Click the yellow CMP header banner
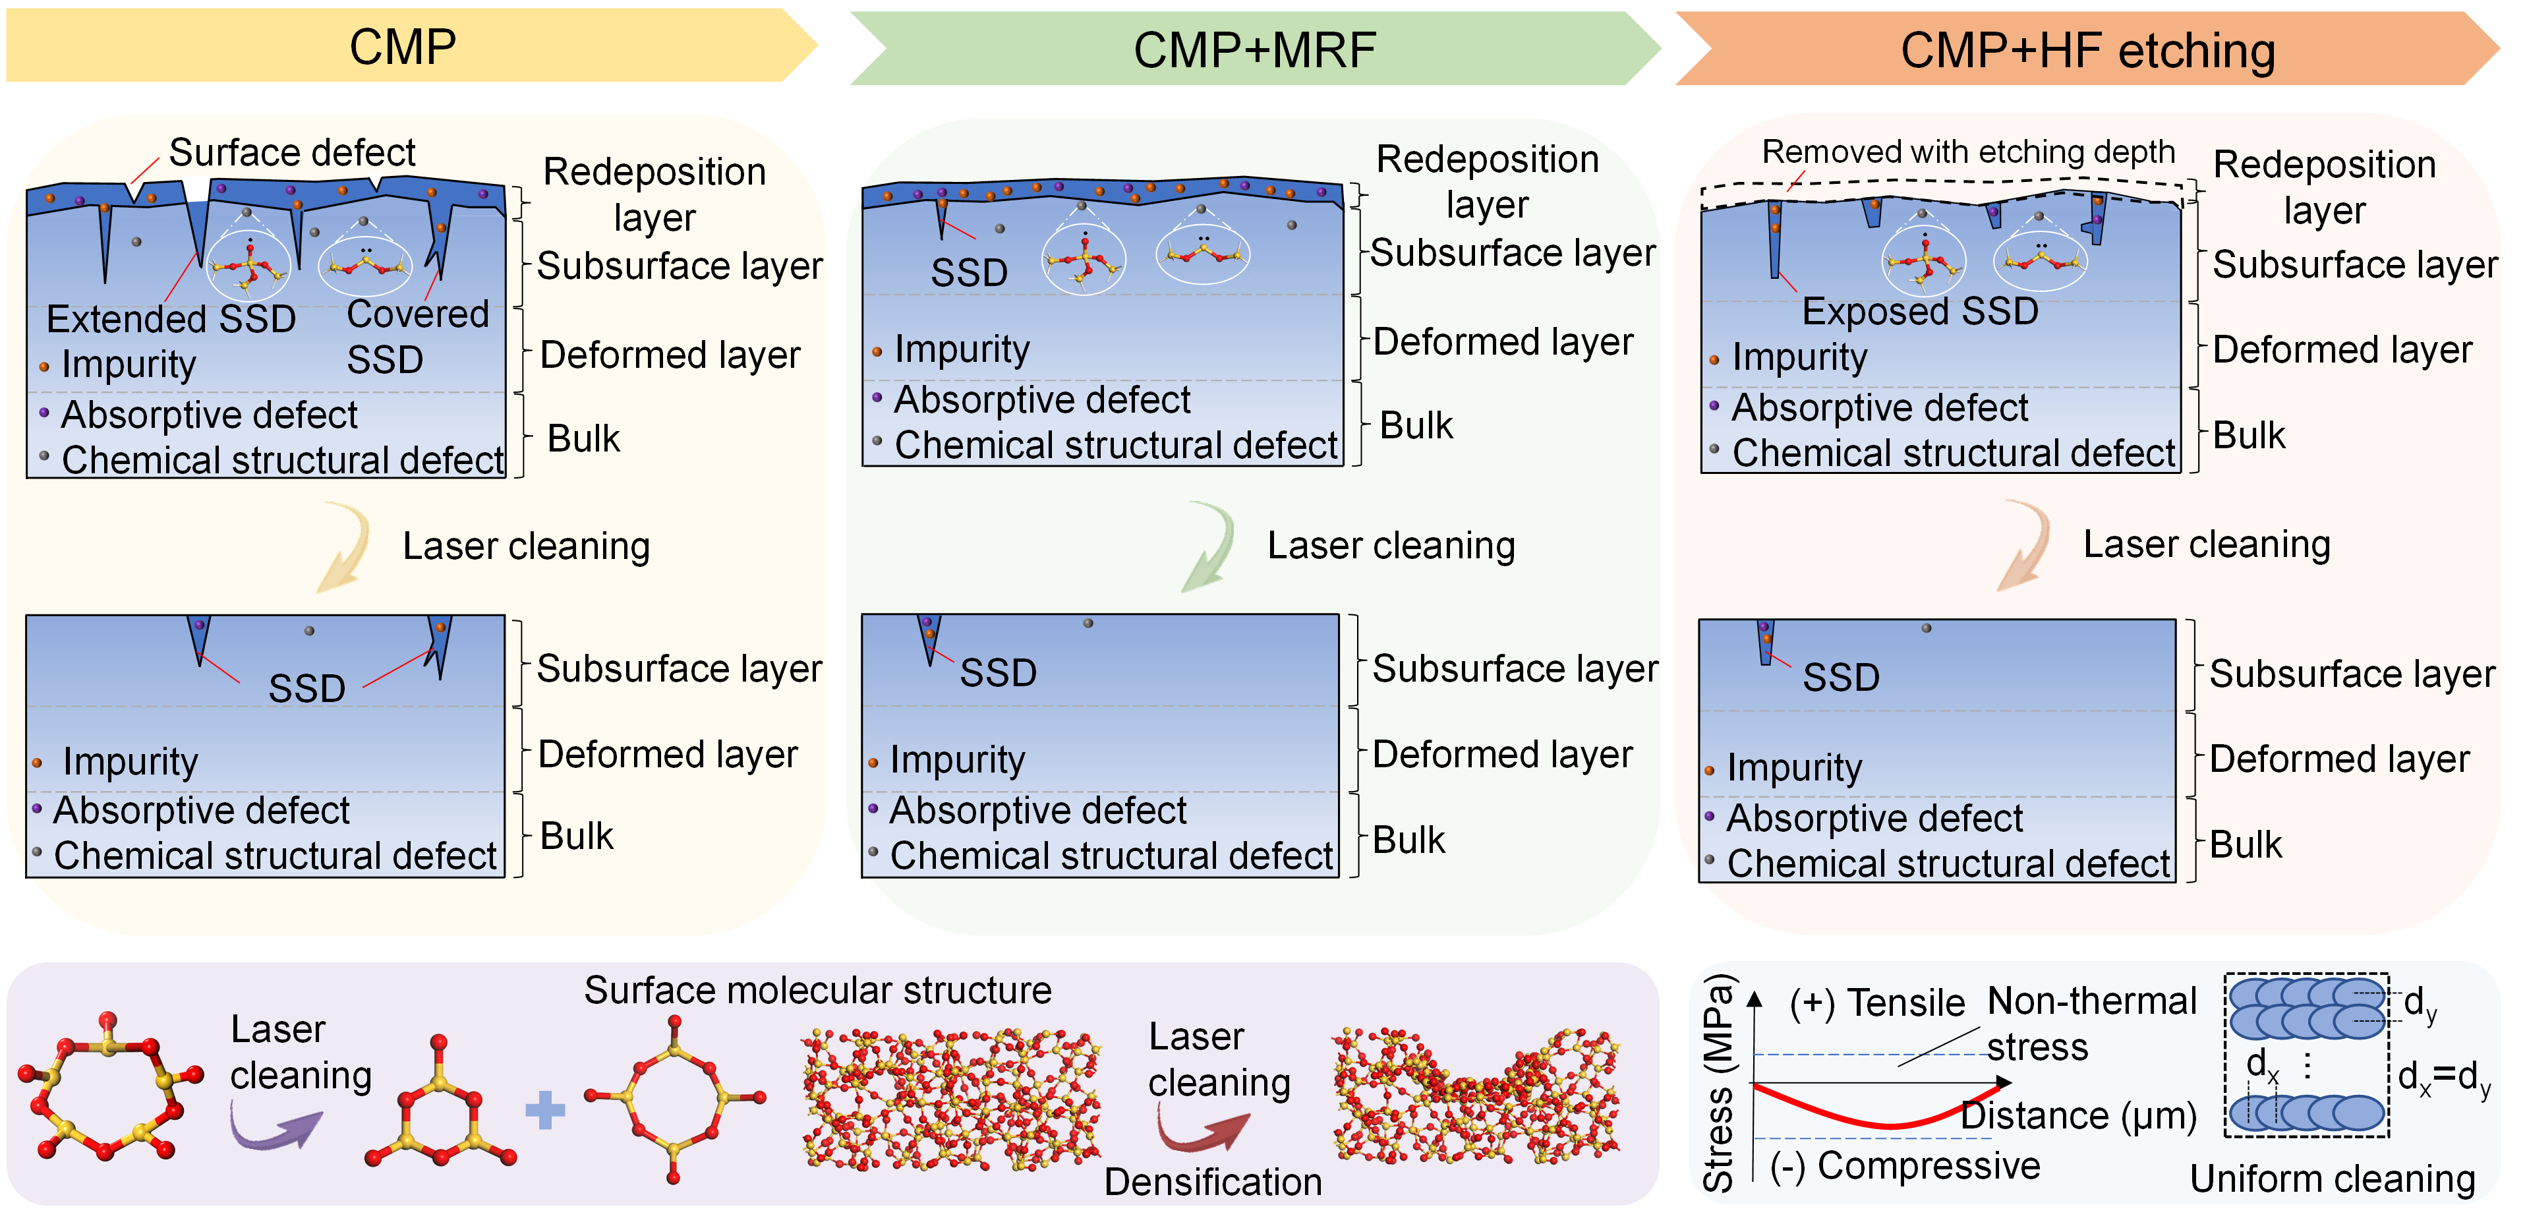403,46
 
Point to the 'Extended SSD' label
171,318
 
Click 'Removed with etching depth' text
1967,152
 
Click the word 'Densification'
1213,1182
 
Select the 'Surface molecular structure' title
817,990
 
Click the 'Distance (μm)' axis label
2078,1115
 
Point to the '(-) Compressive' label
1905,1166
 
